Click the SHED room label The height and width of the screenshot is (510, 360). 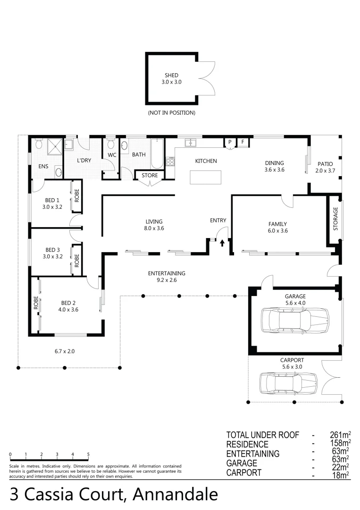click(x=171, y=76)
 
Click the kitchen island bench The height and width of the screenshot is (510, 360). click(x=206, y=177)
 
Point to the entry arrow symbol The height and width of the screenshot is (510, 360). click(x=222, y=243)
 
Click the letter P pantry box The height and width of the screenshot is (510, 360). click(x=230, y=142)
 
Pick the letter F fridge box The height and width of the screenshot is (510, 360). click(x=243, y=142)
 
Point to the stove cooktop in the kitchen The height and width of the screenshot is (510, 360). click(x=170, y=161)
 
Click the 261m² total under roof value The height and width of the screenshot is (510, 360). click(x=340, y=435)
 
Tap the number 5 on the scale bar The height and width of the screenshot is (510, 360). click(x=88, y=454)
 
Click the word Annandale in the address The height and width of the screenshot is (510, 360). click(x=176, y=494)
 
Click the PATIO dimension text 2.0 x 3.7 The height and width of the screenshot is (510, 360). click(x=325, y=170)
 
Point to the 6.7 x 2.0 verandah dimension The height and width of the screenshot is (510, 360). click(x=65, y=351)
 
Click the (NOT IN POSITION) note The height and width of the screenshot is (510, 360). click(x=171, y=113)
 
